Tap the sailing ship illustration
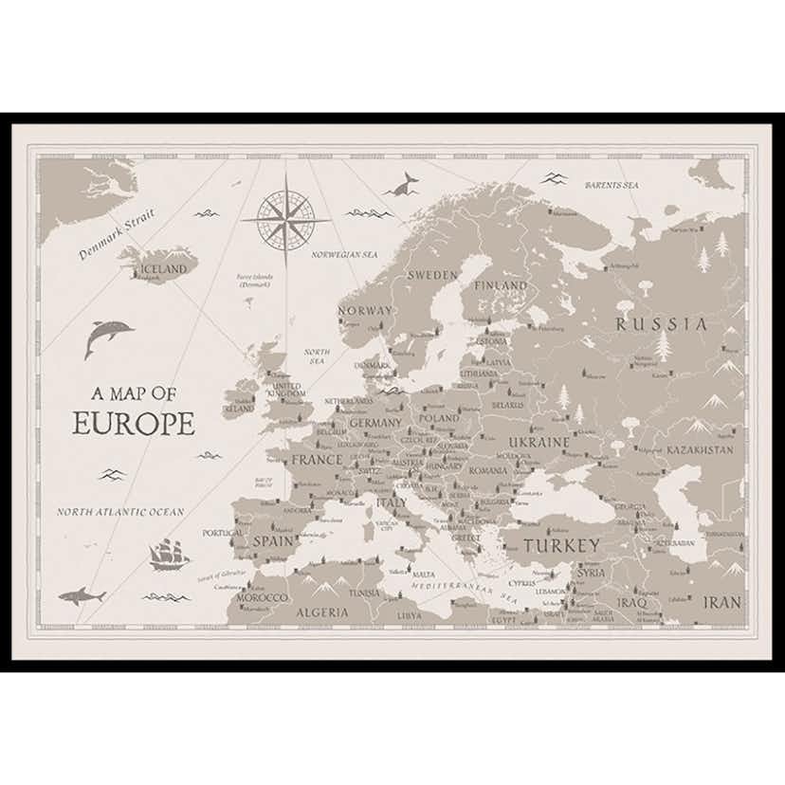point(169,555)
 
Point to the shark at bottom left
point(82,596)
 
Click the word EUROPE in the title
point(134,423)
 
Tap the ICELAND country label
point(162,269)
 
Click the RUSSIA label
point(661,323)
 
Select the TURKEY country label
point(561,545)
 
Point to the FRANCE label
point(316,460)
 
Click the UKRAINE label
point(539,443)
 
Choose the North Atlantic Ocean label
point(119,512)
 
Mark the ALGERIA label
point(321,612)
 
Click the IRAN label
point(721,602)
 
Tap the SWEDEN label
point(432,274)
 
